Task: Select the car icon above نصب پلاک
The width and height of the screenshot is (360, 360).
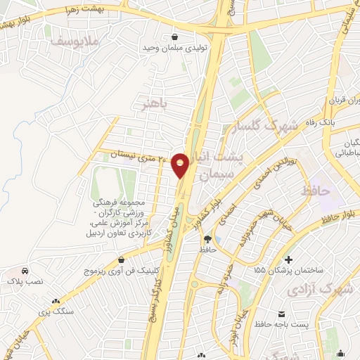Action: click(x=25, y=271)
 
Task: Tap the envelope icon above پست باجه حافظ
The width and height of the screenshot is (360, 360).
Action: click(x=281, y=313)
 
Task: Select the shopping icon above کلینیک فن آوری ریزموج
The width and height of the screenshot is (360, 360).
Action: click(x=122, y=259)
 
